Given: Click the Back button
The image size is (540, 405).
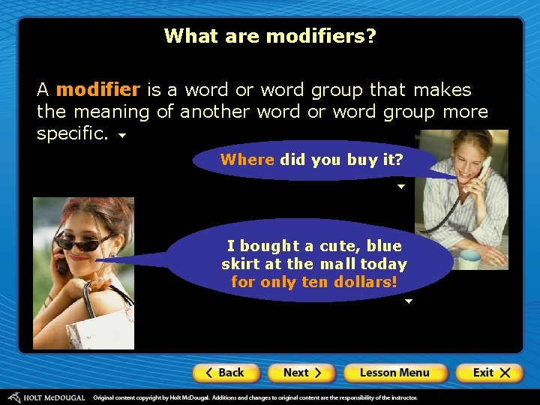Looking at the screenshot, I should (x=226, y=373).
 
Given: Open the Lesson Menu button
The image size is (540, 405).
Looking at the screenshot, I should (x=394, y=373).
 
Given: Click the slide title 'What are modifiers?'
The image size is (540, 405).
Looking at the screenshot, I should (x=270, y=35).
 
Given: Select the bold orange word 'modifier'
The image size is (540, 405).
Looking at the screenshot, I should (x=97, y=90).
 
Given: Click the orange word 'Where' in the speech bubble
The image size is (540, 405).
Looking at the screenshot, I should (x=247, y=160).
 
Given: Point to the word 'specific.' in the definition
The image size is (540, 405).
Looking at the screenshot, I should (x=73, y=134).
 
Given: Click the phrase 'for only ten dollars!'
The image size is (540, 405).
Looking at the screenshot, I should (x=313, y=283).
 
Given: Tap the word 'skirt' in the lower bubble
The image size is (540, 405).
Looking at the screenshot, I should (x=240, y=264).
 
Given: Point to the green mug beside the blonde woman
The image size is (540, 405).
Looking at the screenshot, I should (x=470, y=259).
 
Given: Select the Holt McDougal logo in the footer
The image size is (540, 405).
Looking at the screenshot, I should (x=46, y=397).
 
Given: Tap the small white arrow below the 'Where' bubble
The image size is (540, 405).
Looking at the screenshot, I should (x=400, y=186).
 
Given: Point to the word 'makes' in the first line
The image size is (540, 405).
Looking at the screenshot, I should (x=441, y=90).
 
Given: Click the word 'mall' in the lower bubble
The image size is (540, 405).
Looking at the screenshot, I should (x=337, y=264).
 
